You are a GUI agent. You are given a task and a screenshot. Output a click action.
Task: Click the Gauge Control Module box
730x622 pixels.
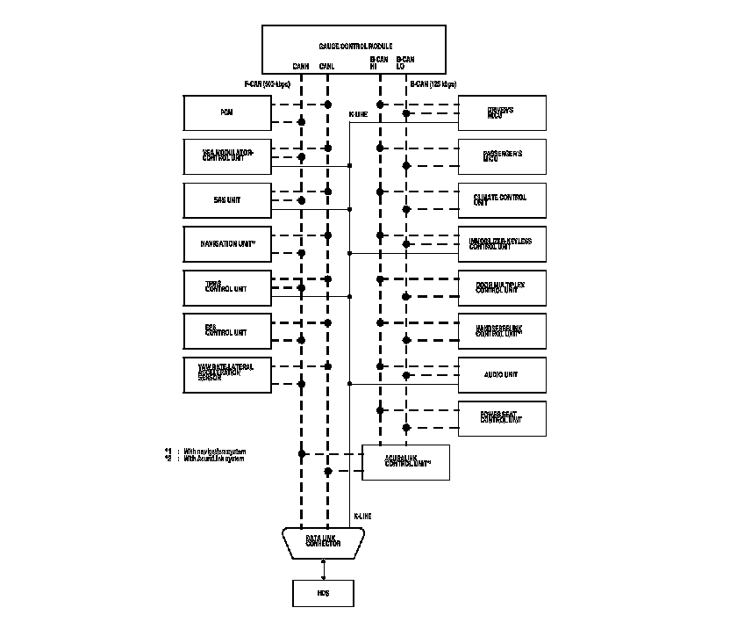pos(354,48)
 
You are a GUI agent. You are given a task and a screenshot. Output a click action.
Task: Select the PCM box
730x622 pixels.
pos(227,112)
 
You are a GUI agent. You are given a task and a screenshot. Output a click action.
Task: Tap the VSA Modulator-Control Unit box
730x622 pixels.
pos(227,155)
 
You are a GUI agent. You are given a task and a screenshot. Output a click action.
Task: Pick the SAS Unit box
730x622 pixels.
pos(227,200)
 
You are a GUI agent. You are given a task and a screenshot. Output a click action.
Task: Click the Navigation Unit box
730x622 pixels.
pos(227,243)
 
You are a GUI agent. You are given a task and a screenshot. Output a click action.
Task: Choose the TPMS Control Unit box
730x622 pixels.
pos(227,287)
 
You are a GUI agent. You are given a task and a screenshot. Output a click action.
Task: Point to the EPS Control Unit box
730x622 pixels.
pos(227,330)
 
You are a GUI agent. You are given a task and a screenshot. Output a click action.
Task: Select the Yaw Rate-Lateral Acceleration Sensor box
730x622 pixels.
pos(227,374)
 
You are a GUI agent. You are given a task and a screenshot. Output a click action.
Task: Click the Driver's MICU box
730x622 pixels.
pos(502,112)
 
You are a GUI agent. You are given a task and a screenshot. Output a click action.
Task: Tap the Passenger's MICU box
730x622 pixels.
pos(502,155)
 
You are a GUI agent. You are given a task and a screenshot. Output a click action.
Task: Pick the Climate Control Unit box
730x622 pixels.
pos(502,200)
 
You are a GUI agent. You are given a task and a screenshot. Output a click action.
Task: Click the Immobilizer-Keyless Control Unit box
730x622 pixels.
pos(502,243)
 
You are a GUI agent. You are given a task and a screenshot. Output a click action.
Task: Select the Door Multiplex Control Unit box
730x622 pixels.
pos(502,287)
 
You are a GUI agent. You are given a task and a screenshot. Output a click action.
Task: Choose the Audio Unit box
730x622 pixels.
pos(502,374)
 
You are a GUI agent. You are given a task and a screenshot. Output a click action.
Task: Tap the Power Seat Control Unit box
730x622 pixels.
pos(502,417)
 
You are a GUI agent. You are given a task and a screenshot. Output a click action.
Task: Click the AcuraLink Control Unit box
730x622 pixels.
pos(405,462)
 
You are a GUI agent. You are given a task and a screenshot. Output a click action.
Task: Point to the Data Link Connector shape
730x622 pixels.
pos(323,542)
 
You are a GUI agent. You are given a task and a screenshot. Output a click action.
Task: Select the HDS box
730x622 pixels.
pos(323,593)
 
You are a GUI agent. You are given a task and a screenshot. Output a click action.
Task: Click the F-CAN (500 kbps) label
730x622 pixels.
pos(267,84)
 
